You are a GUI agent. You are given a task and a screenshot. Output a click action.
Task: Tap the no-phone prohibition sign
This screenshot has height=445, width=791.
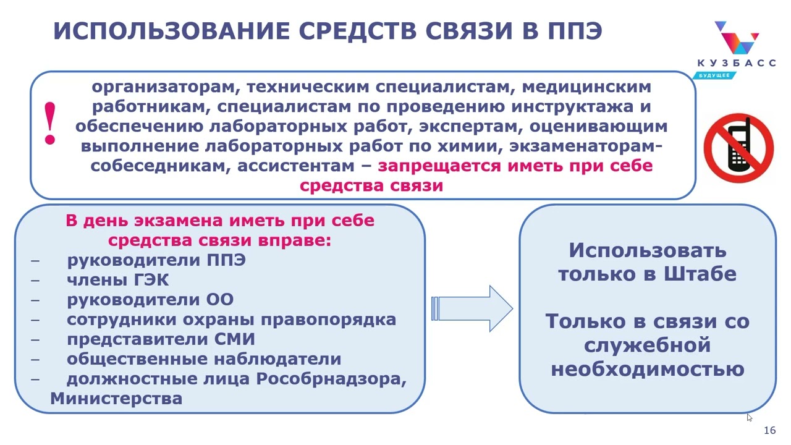pyautogui.click(x=738, y=148)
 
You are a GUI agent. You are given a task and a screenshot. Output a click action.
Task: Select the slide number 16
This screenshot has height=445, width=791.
pyautogui.click(x=770, y=430)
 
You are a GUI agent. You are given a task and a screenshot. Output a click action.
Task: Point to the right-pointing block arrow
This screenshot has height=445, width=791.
pyautogui.click(x=472, y=308)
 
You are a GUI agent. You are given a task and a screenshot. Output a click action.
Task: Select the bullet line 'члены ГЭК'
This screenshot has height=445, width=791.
pyautogui.click(x=117, y=280)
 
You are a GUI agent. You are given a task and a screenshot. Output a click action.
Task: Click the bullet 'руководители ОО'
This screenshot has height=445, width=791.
pyautogui.click(x=150, y=300)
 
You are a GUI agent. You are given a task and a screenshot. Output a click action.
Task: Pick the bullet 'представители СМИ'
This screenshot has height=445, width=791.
pyautogui.click(x=161, y=339)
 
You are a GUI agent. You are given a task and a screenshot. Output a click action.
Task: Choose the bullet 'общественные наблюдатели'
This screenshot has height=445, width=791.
pyautogui.click(x=204, y=359)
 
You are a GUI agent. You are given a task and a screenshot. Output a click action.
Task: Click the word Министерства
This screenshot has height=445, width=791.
pyautogui.click(x=116, y=399)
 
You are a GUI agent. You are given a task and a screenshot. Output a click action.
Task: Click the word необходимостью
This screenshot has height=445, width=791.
pyautogui.click(x=647, y=370)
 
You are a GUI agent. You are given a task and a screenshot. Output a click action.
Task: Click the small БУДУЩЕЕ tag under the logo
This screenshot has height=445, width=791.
pyautogui.click(x=714, y=75)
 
